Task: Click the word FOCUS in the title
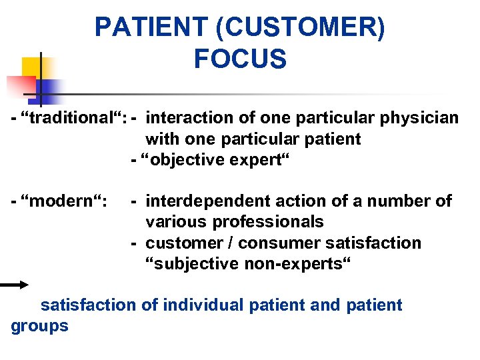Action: click(x=240, y=59)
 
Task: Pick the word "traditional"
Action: click(x=73, y=119)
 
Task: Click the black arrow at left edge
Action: click(x=14, y=285)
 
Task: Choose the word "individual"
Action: click(x=203, y=305)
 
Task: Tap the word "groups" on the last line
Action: click(x=40, y=327)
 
